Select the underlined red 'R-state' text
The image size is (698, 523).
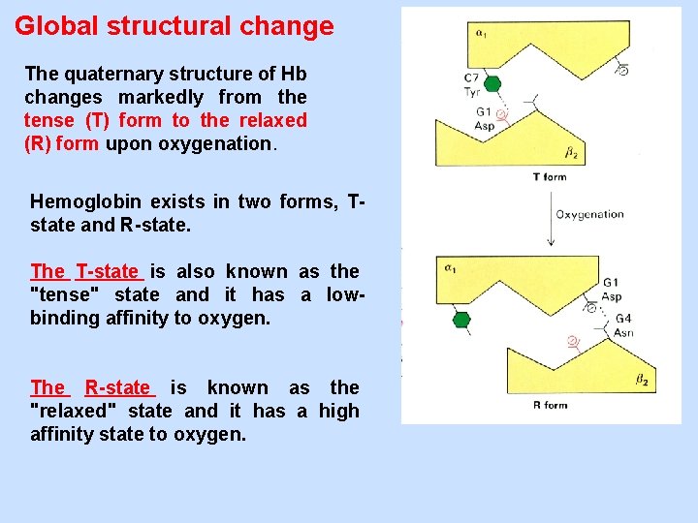point(117,387)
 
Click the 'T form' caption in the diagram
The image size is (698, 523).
point(550,177)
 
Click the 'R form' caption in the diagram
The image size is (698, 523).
point(550,405)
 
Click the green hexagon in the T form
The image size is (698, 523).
point(492,84)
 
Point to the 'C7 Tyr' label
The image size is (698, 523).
point(472,84)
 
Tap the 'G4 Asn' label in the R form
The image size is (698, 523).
point(623,325)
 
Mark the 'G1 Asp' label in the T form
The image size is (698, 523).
point(485,119)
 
